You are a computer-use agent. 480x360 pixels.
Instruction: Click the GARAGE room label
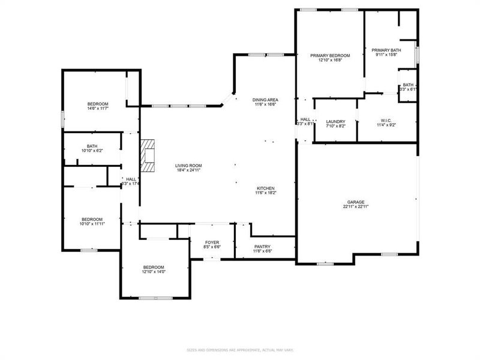point(356,202)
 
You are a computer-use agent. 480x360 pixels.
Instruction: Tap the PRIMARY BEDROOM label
point(329,55)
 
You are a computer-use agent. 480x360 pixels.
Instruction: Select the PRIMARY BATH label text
point(386,50)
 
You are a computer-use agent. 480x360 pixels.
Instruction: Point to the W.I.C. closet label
point(386,120)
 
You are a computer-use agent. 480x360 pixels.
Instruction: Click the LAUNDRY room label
point(335,121)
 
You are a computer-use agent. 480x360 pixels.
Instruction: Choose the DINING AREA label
point(265,100)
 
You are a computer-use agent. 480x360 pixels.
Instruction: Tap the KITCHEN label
point(266,188)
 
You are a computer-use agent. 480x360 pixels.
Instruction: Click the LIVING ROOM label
point(188,166)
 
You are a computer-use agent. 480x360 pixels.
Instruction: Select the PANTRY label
point(262,246)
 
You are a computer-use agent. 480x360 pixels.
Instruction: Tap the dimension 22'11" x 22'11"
point(356,206)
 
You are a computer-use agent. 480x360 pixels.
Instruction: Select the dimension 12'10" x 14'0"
point(153,272)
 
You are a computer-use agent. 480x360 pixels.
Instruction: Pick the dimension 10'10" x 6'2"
point(92,150)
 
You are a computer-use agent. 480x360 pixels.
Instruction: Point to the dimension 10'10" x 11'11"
point(92,224)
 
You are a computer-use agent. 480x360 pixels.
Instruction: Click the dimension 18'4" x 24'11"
point(188,170)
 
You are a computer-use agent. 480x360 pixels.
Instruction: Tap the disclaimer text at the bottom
point(240,350)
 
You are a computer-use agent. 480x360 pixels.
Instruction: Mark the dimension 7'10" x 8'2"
point(335,126)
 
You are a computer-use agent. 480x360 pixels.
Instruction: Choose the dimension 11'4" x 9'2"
point(386,125)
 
